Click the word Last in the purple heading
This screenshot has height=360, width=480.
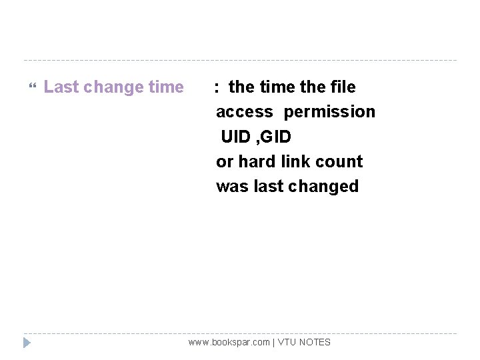pyautogui.click(x=61, y=87)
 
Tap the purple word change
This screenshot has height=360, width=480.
pyautogui.click(x=113, y=87)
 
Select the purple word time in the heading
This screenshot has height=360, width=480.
pyautogui.click(x=166, y=87)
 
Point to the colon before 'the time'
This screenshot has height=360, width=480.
pyautogui.click(x=217, y=87)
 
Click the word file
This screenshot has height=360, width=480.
pyautogui.click(x=343, y=87)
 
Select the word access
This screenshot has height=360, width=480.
pyautogui.click(x=244, y=112)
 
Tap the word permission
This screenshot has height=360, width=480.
pyautogui.click(x=329, y=112)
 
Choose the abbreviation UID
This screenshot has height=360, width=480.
pyautogui.click(x=236, y=137)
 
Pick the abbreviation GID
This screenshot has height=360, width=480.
pyautogui.click(x=276, y=137)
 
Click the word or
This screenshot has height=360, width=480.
pyautogui.click(x=225, y=161)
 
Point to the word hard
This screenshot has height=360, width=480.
pyautogui.click(x=257, y=161)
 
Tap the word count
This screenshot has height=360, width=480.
pyautogui.click(x=341, y=161)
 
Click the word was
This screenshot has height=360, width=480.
pyautogui.click(x=232, y=186)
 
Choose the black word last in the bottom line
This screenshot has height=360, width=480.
pyautogui.click(x=269, y=186)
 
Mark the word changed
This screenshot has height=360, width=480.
pyautogui.click(x=323, y=186)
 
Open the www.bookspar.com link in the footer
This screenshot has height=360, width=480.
pyautogui.click(x=229, y=342)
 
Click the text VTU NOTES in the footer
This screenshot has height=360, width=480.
pyautogui.click(x=304, y=342)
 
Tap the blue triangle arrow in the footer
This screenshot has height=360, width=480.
pyautogui.click(x=27, y=343)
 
